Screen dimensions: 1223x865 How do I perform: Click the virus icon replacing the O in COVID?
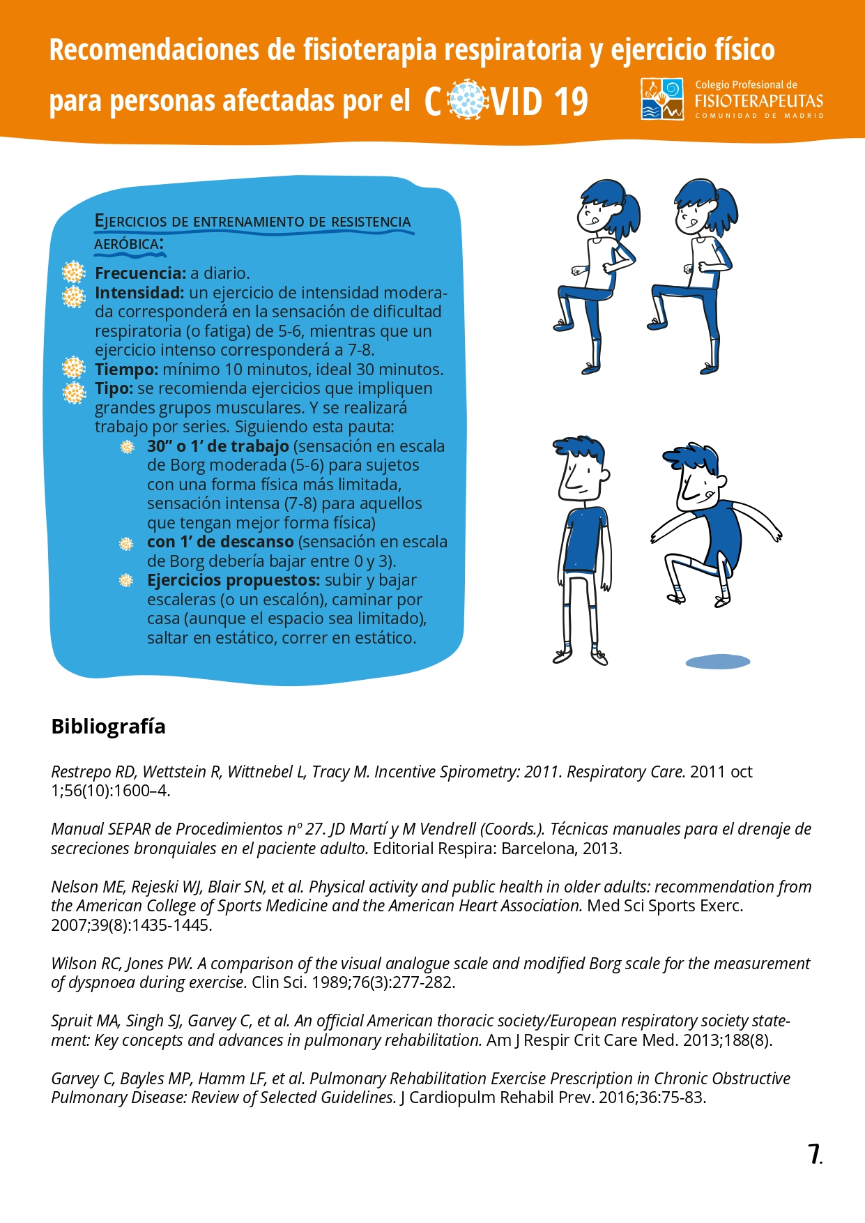click(466, 100)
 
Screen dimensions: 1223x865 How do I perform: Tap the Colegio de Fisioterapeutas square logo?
click(662, 99)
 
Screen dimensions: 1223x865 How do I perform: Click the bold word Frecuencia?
click(140, 273)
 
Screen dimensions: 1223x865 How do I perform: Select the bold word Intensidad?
click(139, 293)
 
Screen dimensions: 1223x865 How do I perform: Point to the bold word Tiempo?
click(126, 370)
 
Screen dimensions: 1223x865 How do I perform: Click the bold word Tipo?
click(114, 388)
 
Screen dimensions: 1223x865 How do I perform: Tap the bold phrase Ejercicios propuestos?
click(233, 580)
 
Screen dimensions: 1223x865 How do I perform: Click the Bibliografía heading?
click(108, 727)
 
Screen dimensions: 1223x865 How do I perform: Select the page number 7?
click(813, 1154)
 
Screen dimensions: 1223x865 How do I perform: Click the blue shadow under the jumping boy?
click(718, 662)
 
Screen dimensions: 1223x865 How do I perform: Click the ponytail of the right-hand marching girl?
click(727, 213)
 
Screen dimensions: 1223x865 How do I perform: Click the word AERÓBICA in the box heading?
click(127, 244)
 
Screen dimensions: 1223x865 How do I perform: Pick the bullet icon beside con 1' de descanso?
click(126, 543)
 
